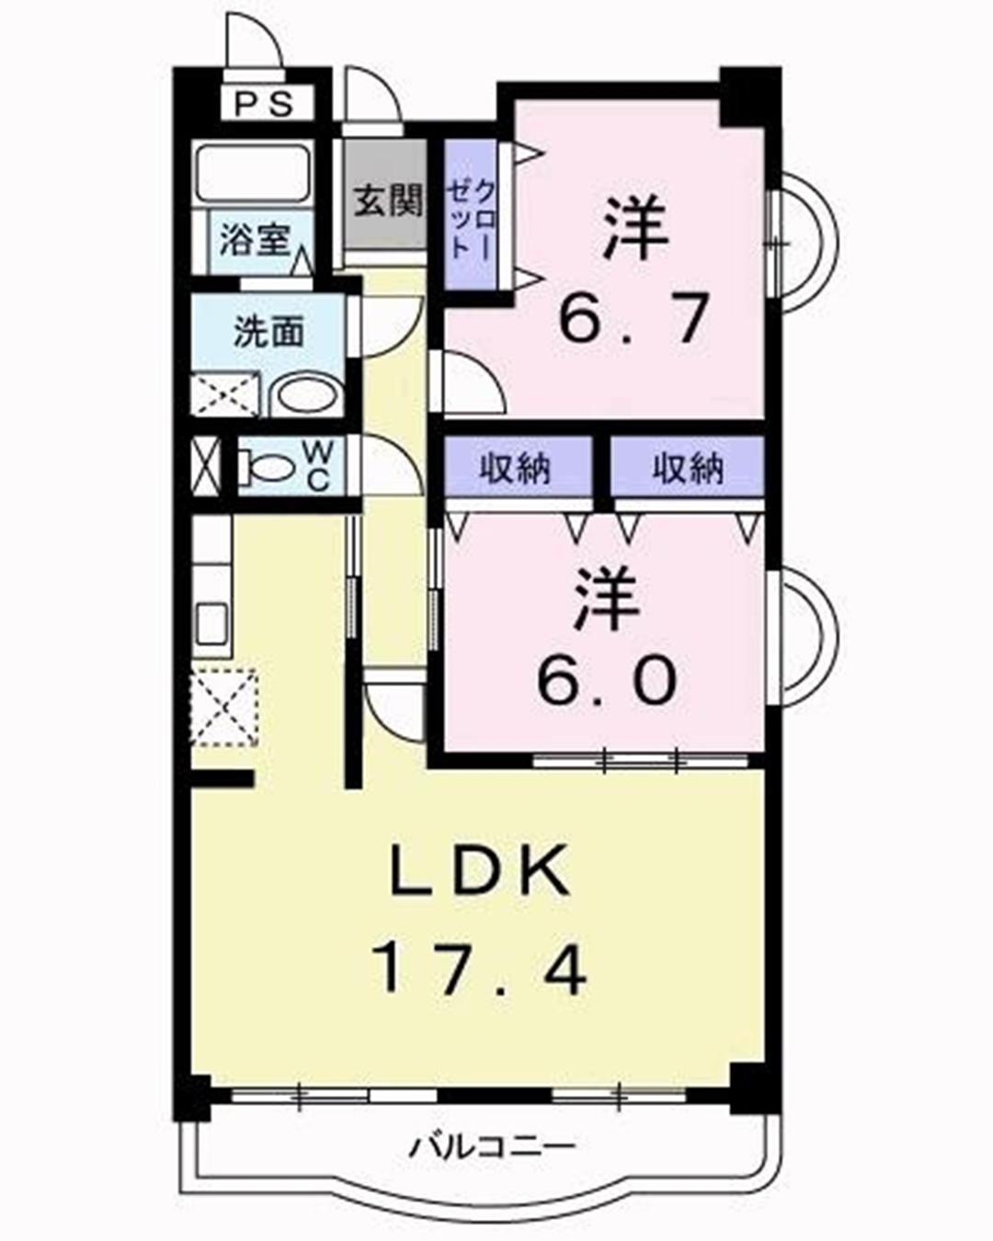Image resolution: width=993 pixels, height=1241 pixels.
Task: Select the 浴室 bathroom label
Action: pos(254,242)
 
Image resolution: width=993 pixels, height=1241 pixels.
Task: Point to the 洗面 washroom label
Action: pos(268,332)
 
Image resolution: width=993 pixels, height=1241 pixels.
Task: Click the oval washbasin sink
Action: pos(305,397)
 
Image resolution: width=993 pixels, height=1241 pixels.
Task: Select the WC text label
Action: pos(315,467)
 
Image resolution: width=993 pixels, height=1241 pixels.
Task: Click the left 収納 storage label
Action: pos(514,469)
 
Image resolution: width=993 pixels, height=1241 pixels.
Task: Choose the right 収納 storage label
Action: pos(687,469)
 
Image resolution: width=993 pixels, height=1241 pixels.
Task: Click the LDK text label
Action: pos(479,873)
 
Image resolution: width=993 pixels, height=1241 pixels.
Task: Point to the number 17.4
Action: pos(478,969)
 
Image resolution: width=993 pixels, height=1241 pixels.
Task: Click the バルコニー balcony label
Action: pos(492,1146)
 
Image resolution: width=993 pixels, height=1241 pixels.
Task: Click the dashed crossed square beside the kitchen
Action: pos(223,706)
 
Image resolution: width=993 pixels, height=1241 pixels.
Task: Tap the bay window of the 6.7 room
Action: pos(805,236)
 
